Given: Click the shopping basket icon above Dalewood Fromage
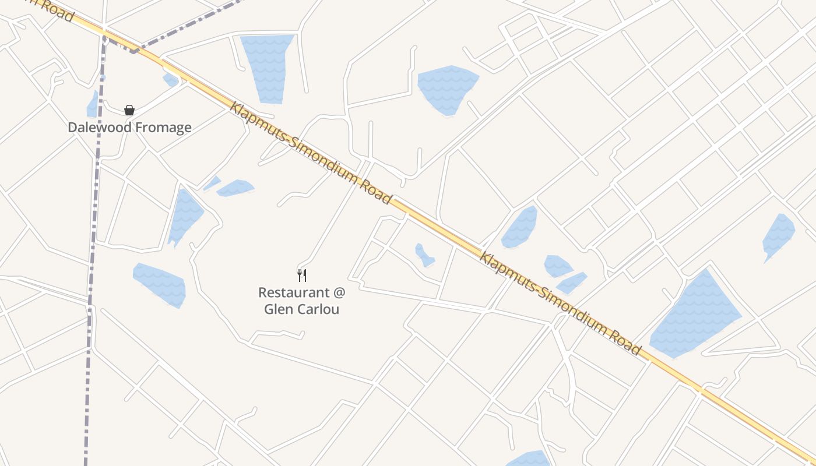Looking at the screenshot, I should tap(129, 110).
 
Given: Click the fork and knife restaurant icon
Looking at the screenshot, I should tap(302, 275).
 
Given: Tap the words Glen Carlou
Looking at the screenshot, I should tap(301, 309).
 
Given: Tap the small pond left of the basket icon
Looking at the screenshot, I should tap(93, 105).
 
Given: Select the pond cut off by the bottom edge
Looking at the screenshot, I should tap(528, 459).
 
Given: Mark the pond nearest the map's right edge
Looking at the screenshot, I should tap(779, 235).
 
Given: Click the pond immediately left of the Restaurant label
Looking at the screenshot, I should tap(160, 284).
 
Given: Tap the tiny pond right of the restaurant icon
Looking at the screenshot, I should tap(424, 255).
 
